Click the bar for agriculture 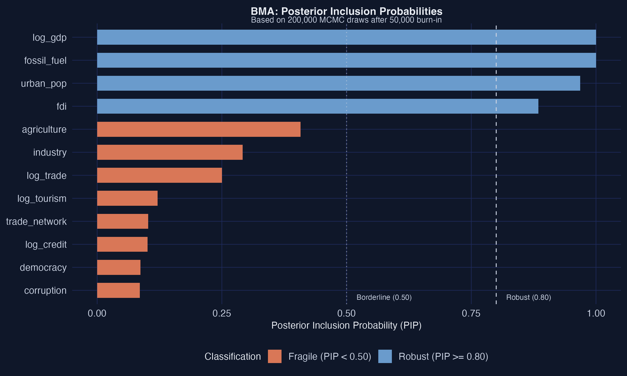pyautogui.click(x=199, y=129)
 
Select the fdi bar pyautogui.click(x=317, y=106)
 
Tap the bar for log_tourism pyautogui.click(x=127, y=198)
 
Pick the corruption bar pyautogui.click(x=118, y=290)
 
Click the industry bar pyautogui.click(x=170, y=152)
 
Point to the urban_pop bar pyautogui.click(x=338, y=83)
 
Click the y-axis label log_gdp pyautogui.click(x=50, y=38)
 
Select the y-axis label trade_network pyautogui.click(x=36, y=221)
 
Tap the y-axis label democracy pyautogui.click(x=43, y=268)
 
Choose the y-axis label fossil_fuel pyautogui.click(x=45, y=61)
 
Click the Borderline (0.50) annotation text pyautogui.click(x=384, y=297)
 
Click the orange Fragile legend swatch pyautogui.click(x=275, y=357)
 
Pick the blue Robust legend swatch pyautogui.click(x=385, y=357)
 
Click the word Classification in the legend pyautogui.click(x=233, y=357)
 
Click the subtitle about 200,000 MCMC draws pyautogui.click(x=346, y=20)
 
